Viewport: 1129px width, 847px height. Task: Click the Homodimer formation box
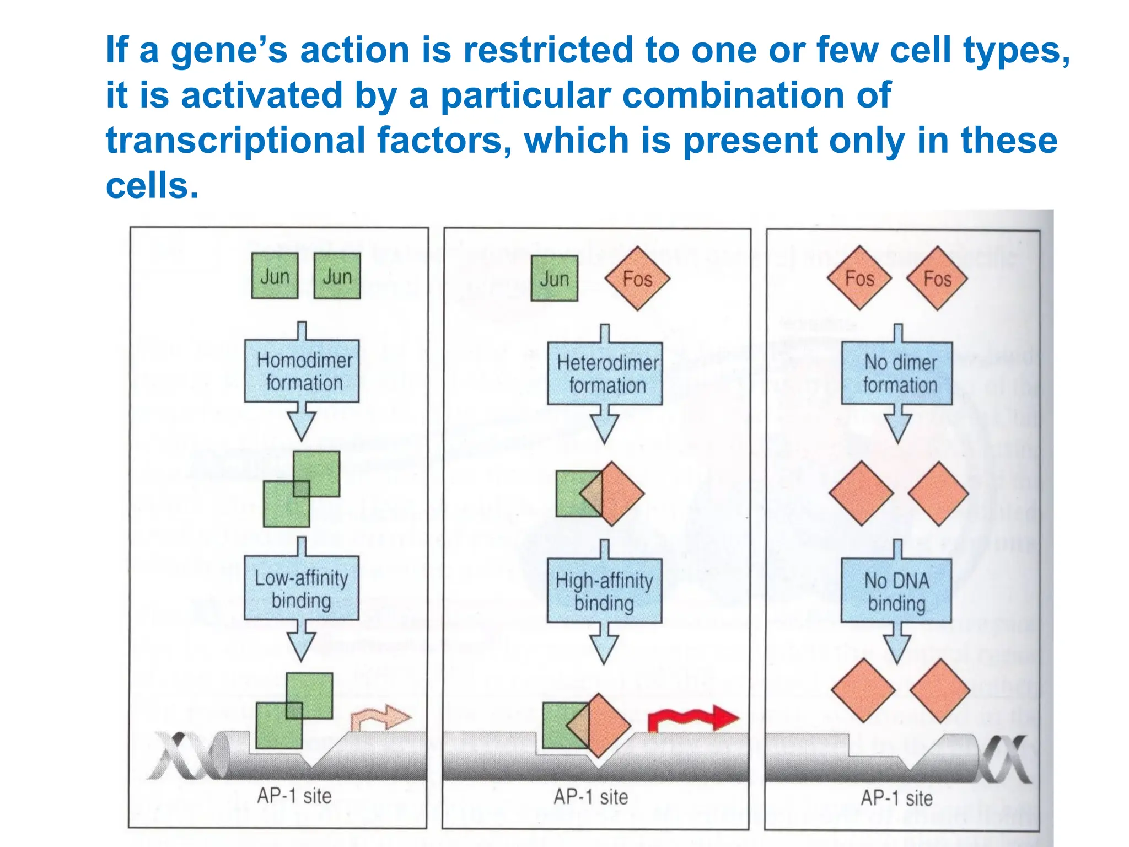tap(302, 371)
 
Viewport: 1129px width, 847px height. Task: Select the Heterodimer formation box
tap(605, 374)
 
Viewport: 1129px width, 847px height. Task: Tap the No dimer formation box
tap(897, 373)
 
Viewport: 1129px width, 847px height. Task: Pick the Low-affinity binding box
tap(302, 588)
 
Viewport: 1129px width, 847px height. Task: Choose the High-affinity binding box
tap(604, 591)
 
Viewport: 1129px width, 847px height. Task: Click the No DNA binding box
tap(896, 591)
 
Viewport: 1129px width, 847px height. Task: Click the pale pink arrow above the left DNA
tap(380, 718)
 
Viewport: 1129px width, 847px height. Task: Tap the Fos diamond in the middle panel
tap(637, 278)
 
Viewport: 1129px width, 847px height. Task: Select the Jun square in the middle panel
tap(554, 278)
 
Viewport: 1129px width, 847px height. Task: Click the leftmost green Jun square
tap(275, 276)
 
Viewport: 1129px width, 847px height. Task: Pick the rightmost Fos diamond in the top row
tap(937, 278)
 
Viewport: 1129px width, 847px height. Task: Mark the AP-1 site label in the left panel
tap(294, 796)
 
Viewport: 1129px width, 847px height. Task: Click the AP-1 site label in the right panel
tap(897, 798)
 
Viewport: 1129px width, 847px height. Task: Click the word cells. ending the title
tap(152, 186)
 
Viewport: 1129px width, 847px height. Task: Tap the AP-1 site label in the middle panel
tap(591, 797)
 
